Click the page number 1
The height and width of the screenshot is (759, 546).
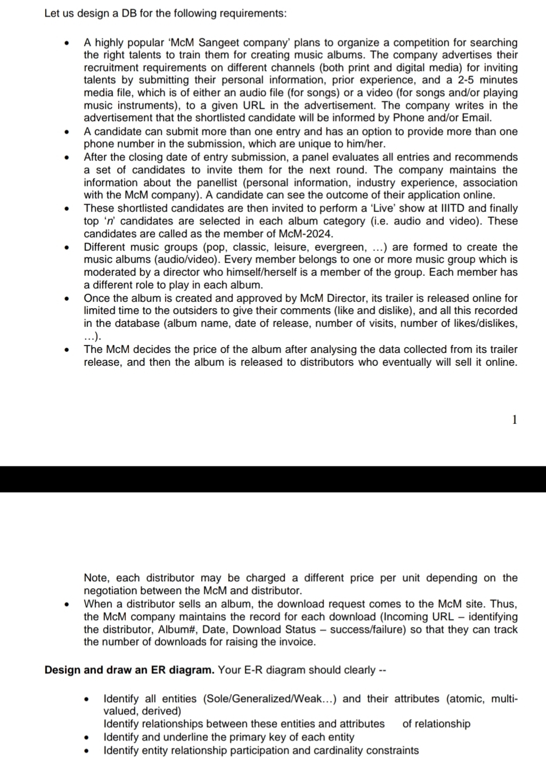pyautogui.click(x=514, y=419)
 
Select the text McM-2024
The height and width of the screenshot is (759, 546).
pyautogui.click(x=310, y=234)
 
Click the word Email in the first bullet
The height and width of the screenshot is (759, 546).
pyautogui.click(x=476, y=118)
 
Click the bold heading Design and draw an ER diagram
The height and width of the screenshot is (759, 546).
pyautogui.click(x=129, y=670)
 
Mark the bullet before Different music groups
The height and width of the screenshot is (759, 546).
pyautogui.click(x=66, y=247)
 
